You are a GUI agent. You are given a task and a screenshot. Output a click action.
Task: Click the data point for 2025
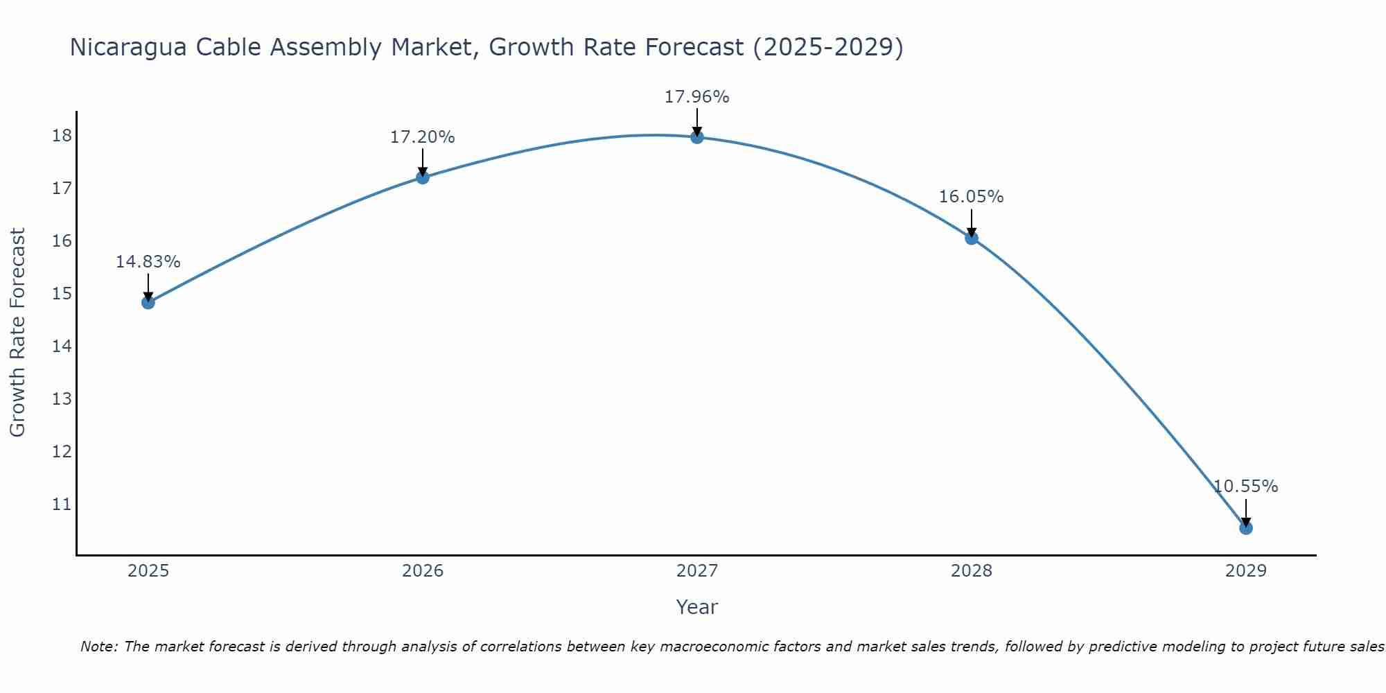tap(148, 302)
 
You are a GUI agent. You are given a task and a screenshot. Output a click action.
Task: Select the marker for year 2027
tap(696, 137)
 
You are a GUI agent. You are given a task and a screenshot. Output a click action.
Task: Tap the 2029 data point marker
tap(1245, 528)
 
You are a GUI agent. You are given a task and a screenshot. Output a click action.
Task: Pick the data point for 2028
tap(971, 238)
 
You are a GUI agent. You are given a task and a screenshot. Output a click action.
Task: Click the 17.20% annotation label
tap(422, 137)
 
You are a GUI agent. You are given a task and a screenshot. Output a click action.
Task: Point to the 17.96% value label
tap(696, 97)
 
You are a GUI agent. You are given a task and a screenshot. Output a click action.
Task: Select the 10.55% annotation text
tap(1245, 486)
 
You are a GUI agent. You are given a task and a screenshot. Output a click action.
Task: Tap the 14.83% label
tap(148, 262)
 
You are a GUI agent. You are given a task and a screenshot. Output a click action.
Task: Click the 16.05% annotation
tap(971, 197)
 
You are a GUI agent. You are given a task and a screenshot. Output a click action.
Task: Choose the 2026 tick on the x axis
tap(422, 571)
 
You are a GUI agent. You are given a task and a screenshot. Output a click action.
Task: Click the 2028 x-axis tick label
tap(971, 571)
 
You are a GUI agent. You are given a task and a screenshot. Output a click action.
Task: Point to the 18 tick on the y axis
tap(62, 135)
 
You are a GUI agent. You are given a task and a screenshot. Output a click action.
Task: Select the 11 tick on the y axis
tap(62, 504)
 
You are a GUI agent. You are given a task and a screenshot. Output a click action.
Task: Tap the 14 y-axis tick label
tap(62, 346)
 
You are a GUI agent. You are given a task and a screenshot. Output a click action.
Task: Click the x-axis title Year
tap(696, 607)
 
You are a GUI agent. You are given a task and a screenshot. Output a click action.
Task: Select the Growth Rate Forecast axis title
tap(18, 333)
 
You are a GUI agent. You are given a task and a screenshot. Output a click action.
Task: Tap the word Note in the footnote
tap(98, 647)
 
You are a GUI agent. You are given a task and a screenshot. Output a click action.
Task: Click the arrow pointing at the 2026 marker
tap(422, 163)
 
